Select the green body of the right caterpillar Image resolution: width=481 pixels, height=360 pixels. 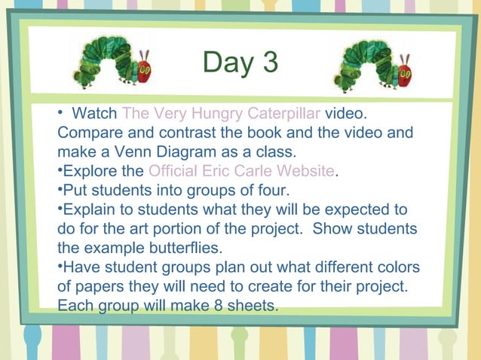click(x=365, y=59)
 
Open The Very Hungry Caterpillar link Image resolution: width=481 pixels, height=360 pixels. click(x=222, y=114)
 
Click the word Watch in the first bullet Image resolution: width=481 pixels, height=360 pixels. click(x=94, y=114)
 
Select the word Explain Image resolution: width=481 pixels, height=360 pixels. click(x=88, y=209)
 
